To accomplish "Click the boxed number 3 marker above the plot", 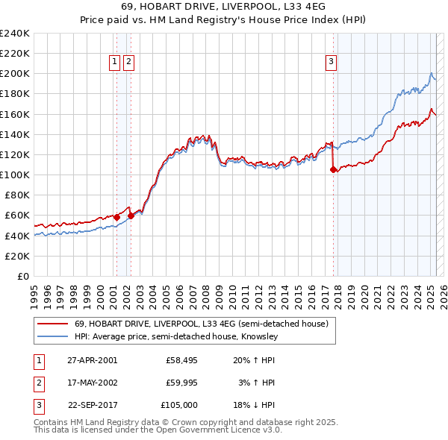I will (x=331, y=62).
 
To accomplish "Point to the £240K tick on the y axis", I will (x=15, y=34).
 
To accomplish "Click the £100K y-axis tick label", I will (x=15, y=175).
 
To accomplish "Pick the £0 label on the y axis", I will (x=24, y=276).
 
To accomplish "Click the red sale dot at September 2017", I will (x=333, y=169).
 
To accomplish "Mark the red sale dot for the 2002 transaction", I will (x=131, y=216).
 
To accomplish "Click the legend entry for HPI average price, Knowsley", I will (x=175, y=336).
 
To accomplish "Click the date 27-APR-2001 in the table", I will (x=92, y=359).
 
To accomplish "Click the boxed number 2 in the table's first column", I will (x=38, y=383).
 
